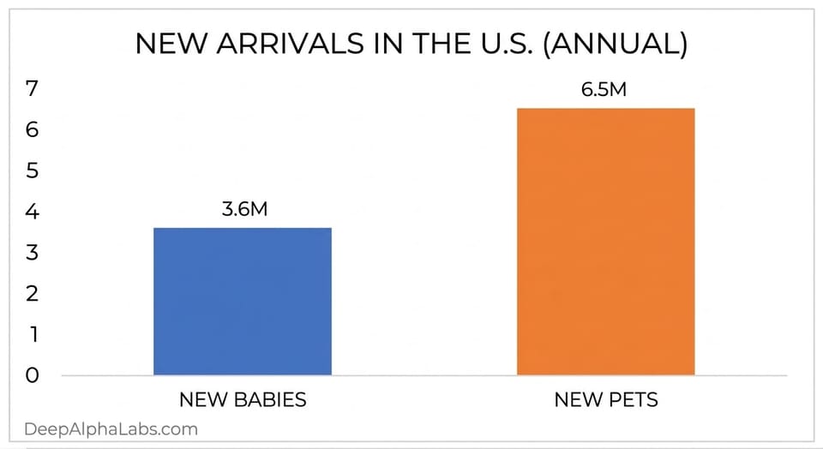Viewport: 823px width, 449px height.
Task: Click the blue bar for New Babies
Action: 243,301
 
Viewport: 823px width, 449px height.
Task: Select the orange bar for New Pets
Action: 605,242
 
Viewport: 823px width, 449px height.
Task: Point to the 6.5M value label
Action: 604,90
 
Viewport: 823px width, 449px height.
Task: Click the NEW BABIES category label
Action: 243,399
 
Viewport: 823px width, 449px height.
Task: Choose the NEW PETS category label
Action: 605,399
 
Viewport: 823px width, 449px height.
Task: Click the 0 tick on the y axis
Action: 32,375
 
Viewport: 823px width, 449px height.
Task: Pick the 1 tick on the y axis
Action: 32,334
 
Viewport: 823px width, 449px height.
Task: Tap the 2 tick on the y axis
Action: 32,294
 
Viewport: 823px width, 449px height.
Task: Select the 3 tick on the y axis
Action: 32,253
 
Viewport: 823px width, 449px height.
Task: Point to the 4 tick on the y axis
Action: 32,212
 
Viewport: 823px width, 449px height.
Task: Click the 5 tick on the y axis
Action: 32,171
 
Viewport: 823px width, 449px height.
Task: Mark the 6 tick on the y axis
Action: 32,129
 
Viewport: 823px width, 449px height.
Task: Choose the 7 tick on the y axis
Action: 32,88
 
